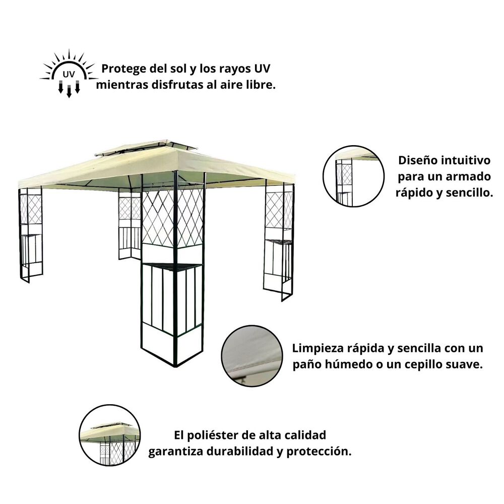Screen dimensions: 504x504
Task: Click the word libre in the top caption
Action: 261,85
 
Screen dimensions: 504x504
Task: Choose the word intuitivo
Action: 466,161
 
